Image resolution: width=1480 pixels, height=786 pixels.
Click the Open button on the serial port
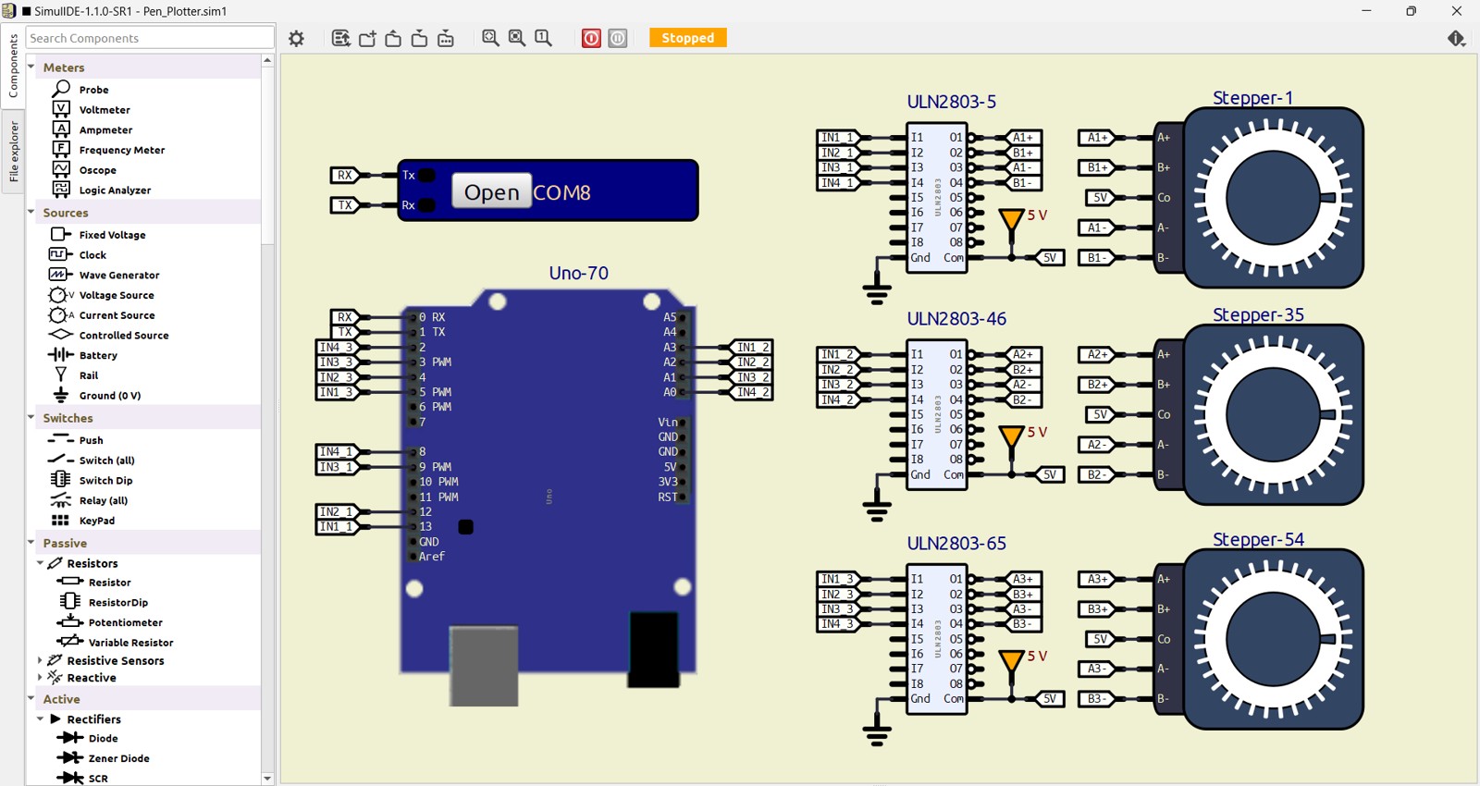tap(491, 191)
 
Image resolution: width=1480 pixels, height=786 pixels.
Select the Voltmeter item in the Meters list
tap(104, 110)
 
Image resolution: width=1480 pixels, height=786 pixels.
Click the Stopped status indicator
tap(687, 38)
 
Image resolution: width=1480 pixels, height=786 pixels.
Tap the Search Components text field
tap(150, 38)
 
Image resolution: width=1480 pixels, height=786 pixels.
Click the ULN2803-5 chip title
tap(951, 102)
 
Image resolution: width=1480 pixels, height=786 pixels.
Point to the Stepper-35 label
tap(1258, 314)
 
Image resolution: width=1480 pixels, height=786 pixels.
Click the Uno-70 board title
tap(578, 273)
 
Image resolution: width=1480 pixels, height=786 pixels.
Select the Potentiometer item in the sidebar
tap(125, 622)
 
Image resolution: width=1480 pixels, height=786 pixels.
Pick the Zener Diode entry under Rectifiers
tap(118, 758)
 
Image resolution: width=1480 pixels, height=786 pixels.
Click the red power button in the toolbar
tap(591, 38)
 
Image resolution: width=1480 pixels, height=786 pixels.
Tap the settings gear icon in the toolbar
tap(296, 38)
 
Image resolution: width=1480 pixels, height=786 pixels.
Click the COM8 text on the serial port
tap(561, 192)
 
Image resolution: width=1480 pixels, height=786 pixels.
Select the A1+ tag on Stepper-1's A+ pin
tap(1096, 138)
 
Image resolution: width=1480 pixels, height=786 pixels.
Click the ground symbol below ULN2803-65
tap(877, 731)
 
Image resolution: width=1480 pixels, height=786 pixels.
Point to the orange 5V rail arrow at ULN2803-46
tap(1011, 436)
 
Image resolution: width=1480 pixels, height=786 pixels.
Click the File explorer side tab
tap(14, 152)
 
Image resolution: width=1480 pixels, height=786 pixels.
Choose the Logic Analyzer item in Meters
tap(115, 190)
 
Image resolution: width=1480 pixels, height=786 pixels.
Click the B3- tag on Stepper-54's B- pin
tap(1096, 699)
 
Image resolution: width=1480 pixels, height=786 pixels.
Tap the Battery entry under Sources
tap(98, 355)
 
